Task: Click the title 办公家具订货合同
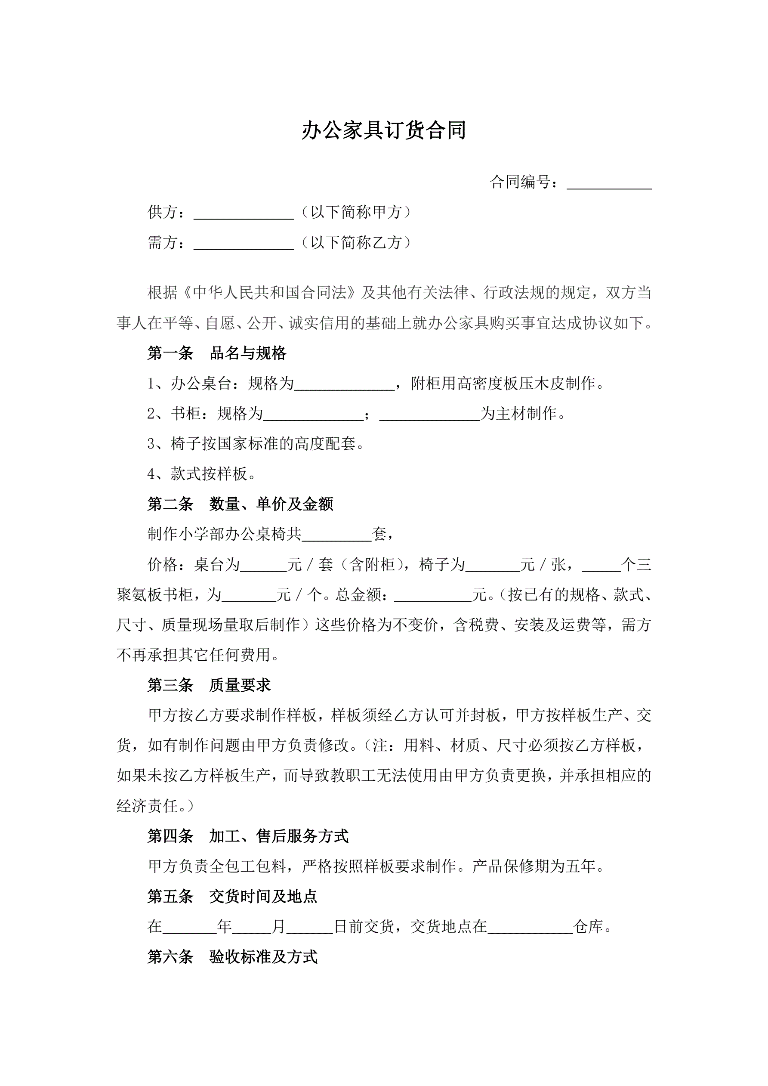pyautogui.click(x=383, y=130)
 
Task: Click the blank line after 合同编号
pyautogui.click(x=609, y=183)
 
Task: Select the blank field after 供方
pyautogui.click(x=244, y=214)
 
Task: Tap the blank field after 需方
pyautogui.click(x=244, y=244)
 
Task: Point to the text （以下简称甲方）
pyautogui.click(x=356, y=212)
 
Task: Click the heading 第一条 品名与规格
pyautogui.click(x=216, y=353)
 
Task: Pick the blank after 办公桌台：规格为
pyautogui.click(x=344, y=385)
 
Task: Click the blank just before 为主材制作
pyautogui.click(x=429, y=415)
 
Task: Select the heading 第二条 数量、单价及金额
pyautogui.click(x=240, y=504)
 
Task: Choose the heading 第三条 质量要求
pyautogui.click(x=209, y=685)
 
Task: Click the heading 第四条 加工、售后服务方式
pyautogui.click(x=248, y=836)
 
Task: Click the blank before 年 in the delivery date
pyautogui.click(x=189, y=928)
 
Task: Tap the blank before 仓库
pyautogui.click(x=530, y=928)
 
